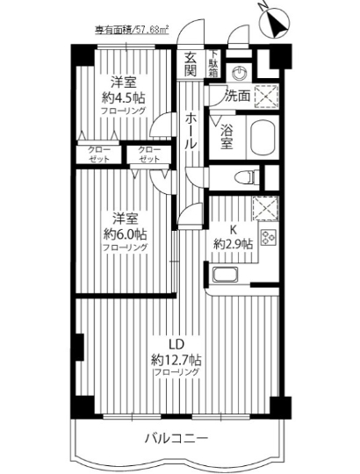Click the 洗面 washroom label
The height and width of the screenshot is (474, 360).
click(x=236, y=96)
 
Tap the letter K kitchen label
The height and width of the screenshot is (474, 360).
click(x=233, y=226)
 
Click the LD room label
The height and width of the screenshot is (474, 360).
click(x=175, y=343)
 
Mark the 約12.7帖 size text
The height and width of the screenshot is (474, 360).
click(x=175, y=359)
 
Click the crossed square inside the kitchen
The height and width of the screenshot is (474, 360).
click(x=264, y=207)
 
